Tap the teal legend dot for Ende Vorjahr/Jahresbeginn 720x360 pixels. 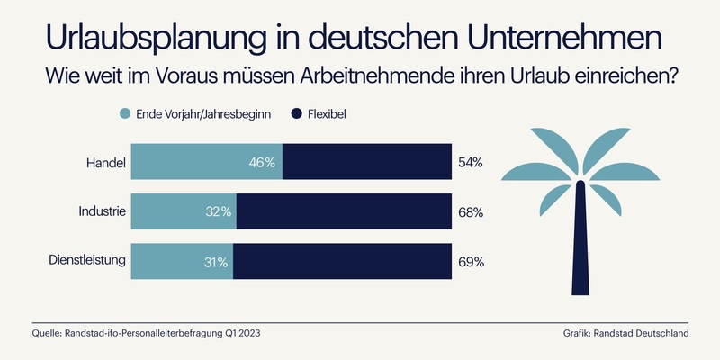click(x=124, y=114)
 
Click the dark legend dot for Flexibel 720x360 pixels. click(x=299, y=114)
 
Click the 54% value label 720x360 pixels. click(x=471, y=163)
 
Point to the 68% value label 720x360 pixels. click(x=471, y=212)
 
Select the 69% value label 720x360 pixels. click(x=471, y=262)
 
